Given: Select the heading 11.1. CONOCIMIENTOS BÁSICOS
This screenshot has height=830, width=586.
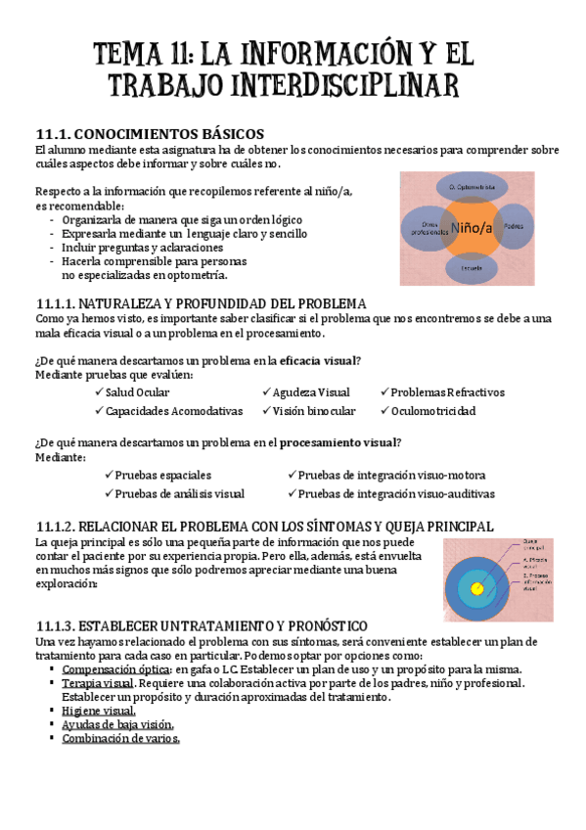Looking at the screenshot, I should click(149, 133).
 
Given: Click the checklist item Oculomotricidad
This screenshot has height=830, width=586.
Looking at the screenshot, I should click(433, 411).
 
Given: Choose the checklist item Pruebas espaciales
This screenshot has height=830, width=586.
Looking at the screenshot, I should click(158, 475).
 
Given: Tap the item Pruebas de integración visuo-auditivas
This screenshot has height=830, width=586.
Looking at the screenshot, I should click(396, 493).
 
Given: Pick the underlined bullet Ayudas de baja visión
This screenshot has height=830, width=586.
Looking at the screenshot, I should click(117, 724).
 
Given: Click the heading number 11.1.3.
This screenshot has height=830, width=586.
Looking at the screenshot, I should click(53, 624).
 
